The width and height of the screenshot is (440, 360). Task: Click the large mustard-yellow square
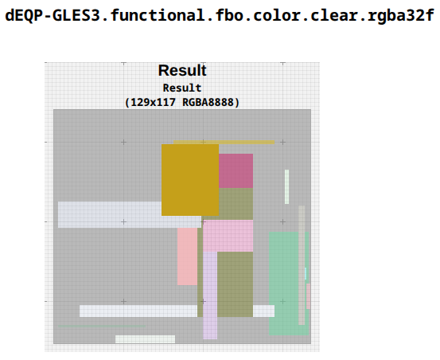190,180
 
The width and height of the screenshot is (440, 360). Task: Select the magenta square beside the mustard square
236,170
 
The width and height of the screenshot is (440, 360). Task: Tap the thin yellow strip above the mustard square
224,142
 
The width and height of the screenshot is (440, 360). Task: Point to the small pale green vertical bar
286,186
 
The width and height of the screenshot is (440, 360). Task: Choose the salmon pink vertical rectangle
187,256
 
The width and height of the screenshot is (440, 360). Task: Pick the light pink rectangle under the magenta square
228,236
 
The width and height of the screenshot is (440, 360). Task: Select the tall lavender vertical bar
210,295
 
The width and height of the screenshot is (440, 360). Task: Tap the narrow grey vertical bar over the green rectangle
302,265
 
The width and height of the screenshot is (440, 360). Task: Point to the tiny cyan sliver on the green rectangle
306,273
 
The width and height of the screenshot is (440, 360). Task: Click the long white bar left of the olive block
138,311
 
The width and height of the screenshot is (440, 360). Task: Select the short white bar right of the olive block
264,311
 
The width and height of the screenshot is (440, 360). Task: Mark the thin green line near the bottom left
102,326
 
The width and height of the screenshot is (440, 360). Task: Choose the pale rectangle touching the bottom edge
145,339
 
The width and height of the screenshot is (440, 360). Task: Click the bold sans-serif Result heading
182,70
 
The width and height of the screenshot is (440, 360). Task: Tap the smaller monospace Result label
182,88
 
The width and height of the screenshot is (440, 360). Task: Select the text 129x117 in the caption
154,102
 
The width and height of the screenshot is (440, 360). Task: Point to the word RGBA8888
208,102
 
